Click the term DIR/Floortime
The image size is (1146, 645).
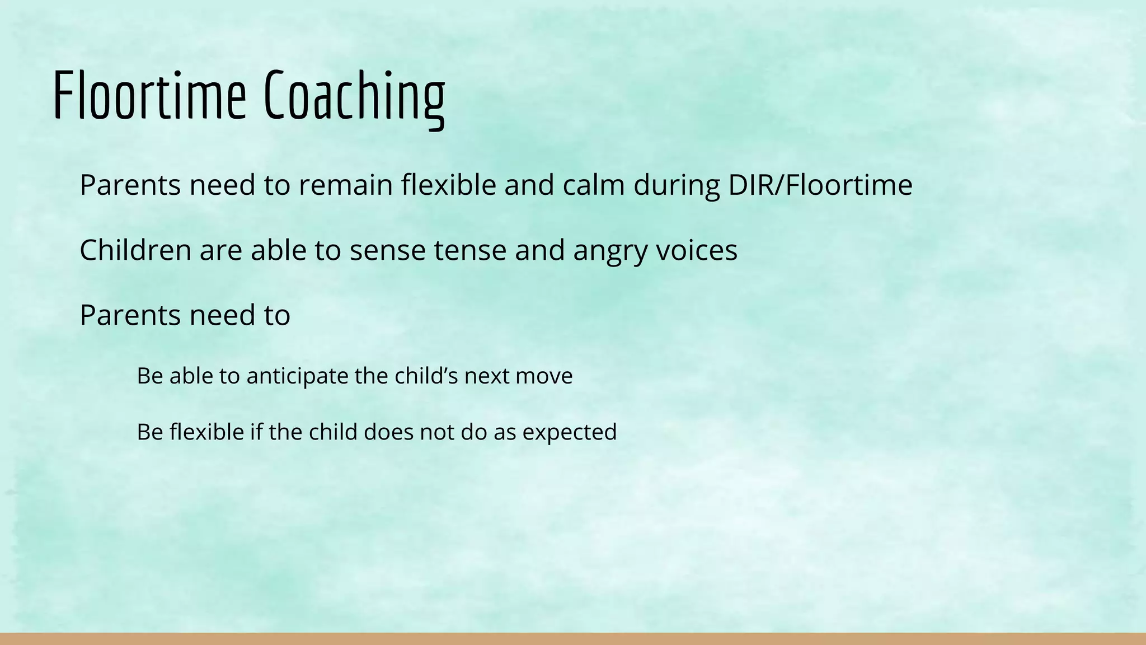[820, 185]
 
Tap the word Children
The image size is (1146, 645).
[136, 250]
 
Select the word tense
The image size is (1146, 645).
[470, 250]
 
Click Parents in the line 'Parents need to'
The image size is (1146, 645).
[130, 315]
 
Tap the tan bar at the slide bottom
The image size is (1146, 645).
[573, 639]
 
